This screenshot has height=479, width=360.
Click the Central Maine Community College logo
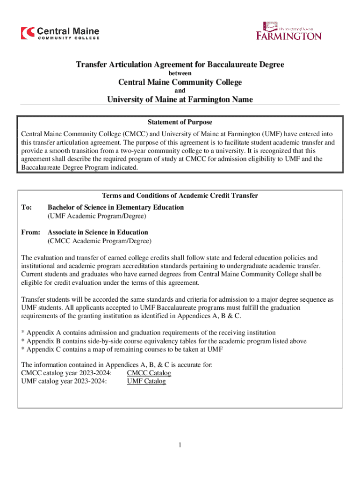point(60,33)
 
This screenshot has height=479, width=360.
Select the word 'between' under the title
point(180,73)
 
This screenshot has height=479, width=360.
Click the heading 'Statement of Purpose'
point(180,122)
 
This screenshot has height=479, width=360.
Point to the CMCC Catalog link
point(149,373)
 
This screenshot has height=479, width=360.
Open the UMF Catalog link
point(146,381)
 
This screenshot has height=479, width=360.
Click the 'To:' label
point(27,207)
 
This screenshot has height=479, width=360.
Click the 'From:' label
point(31,232)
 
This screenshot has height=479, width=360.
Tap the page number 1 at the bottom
point(180,445)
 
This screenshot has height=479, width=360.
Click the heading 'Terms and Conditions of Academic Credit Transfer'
point(180,196)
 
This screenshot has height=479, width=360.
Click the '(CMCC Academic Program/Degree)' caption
point(99,241)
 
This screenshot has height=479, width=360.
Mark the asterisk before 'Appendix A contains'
point(23,333)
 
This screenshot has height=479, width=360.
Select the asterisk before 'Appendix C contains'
point(23,349)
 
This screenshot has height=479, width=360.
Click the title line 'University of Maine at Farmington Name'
point(180,99)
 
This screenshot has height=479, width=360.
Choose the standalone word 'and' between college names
point(180,91)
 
